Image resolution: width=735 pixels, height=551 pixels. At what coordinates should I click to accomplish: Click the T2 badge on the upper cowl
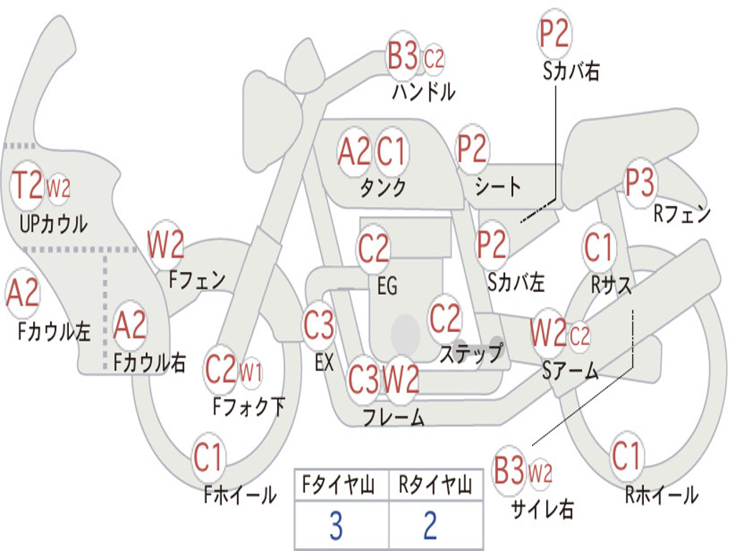[x=28, y=186]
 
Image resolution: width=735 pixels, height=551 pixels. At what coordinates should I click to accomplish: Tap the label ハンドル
[x=423, y=93]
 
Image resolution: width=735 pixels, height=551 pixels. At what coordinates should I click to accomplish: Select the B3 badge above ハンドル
[x=403, y=56]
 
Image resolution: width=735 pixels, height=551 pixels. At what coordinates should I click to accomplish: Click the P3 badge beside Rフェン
[x=640, y=183]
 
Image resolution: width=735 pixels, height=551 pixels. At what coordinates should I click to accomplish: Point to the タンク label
[x=383, y=188]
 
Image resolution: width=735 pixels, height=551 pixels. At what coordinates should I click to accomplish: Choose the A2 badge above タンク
[x=354, y=151]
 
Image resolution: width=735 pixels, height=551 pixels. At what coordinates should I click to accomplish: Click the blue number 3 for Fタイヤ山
[x=335, y=527]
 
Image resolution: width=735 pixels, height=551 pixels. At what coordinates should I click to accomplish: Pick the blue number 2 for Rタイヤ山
[x=430, y=527]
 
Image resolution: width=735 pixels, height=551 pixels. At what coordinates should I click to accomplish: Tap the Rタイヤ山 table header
[x=435, y=486]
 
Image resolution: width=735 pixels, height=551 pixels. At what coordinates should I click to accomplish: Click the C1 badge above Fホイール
[x=209, y=457]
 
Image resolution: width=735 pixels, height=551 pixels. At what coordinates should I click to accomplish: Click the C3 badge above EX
[x=319, y=326]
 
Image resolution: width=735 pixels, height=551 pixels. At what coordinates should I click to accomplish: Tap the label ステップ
[x=471, y=354]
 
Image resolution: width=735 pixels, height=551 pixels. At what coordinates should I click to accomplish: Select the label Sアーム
[x=570, y=370]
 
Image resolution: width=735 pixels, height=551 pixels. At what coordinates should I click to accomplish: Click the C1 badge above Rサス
[x=599, y=248]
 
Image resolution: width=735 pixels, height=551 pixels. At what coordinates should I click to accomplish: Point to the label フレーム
[x=393, y=416]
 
